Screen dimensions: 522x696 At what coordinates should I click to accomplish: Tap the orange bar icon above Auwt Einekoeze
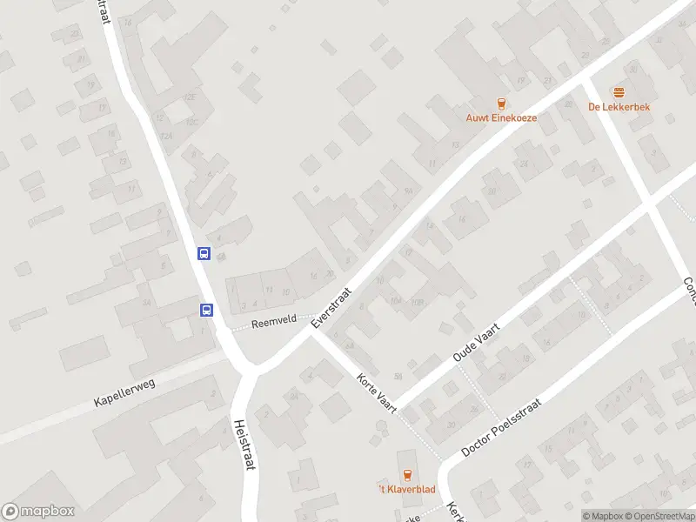pos(500,104)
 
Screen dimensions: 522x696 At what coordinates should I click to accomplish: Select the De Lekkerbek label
pos(619,107)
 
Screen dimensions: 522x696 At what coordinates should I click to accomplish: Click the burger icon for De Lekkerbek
pos(619,92)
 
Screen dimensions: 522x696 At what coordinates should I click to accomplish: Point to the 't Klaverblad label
pos(405,489)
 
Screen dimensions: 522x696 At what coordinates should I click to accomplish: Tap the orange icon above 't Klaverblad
pos(406,474)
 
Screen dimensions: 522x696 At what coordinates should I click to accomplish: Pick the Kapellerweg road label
pos(125,392)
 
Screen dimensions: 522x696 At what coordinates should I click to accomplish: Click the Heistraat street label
pos(244,445)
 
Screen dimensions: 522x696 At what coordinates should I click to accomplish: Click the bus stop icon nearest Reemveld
pos(207,310)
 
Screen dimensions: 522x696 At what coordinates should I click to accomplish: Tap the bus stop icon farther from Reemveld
pos(204,254)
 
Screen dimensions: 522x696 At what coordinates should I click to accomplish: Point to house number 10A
pos(395,301)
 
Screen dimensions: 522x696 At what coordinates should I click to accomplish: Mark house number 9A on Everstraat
pos(408,191)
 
